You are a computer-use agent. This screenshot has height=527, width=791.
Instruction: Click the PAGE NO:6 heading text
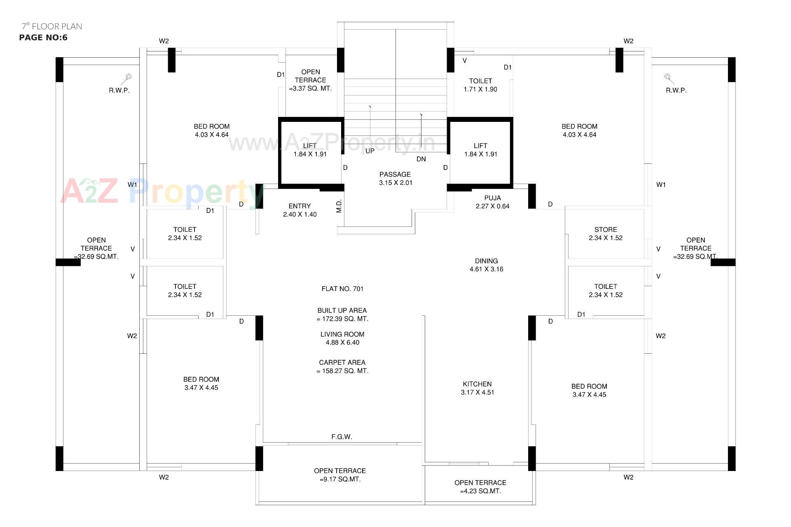point(43,37)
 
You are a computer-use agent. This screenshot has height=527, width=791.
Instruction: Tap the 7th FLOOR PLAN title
point(52,26)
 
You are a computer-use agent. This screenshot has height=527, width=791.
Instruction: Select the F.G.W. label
point(342,437)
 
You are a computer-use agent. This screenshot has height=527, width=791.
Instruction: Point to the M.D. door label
point(339,206)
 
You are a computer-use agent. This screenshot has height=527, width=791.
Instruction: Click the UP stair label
point(370,151)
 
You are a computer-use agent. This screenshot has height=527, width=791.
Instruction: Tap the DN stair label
point(421,159)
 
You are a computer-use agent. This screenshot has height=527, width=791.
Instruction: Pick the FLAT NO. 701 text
point(342,289)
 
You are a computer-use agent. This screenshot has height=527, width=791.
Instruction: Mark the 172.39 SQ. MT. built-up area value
point(342,319)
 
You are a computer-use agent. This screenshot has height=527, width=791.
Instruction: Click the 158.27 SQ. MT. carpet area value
point(342,371)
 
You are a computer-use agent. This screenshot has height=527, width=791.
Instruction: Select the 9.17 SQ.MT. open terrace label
point(340,479)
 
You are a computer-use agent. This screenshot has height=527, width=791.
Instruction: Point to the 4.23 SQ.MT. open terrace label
point(480,491)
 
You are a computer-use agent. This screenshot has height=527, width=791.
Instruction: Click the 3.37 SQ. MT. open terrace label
point(310,89)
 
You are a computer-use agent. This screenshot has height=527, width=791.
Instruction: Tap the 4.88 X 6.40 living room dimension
point(342,343)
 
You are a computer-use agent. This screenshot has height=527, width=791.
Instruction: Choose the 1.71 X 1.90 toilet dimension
point(480,89)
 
